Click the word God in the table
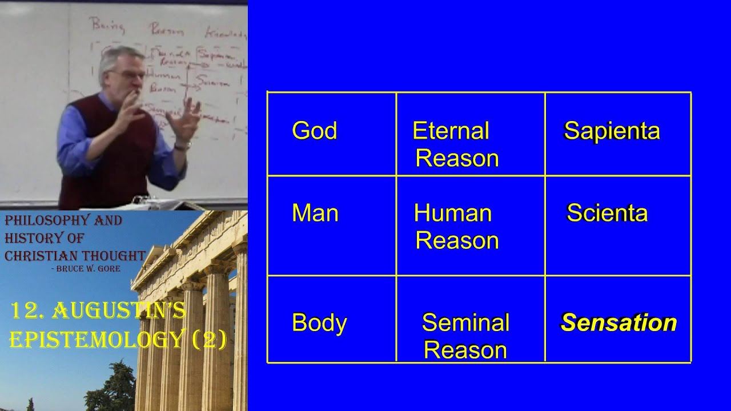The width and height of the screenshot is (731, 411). [x=314, y=131]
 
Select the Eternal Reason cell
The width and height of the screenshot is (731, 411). [x=455, y=144]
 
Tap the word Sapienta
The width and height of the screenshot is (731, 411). [x=612, y=131]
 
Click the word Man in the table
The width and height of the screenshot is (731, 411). [x=315, y=213]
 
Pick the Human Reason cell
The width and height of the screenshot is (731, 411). [x=455, y=227]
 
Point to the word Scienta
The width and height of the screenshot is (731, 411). [x=607, y=213]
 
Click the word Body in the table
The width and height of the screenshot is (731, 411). [x=319, y=323]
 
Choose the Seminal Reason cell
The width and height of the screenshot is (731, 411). [x=465, y=336]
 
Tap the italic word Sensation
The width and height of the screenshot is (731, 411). [x=618, y=323]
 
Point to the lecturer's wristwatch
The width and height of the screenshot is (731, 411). [x=183, y=146]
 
